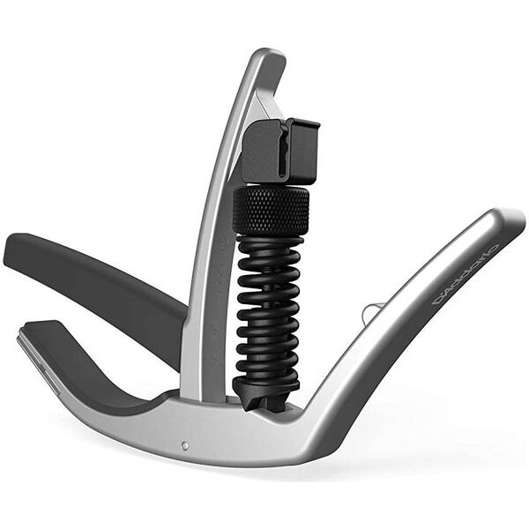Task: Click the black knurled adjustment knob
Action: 271,210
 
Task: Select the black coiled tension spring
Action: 270,309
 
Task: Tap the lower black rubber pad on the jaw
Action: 97,370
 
